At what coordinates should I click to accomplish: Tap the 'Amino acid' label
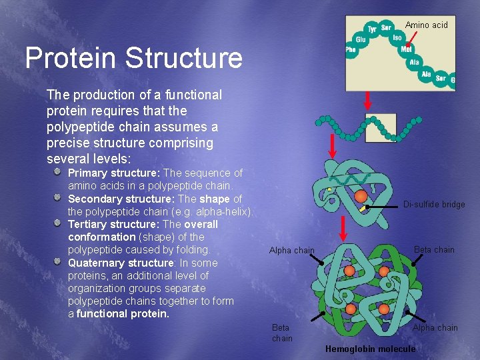pyautogui.click(x=427, y=25)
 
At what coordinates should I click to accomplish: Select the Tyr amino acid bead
pyautogui.click(x=372, y=29)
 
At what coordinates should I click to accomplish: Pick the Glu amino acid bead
pyautogui.click(x=361, y=40)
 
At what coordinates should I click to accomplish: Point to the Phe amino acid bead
pyautogui.click(x=351, y=50)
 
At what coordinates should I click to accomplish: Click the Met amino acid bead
pyautogui.click(x=406, y=49)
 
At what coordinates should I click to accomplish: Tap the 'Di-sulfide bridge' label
pyautogui.click(x=434, y=205)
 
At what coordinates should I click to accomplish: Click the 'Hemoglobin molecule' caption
pyautogui.click(x=370, y=349)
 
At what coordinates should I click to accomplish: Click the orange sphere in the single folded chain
pyautogui.click(x=361, y=196)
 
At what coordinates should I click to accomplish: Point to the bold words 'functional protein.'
pyautogui.click(x=123, y=313)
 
